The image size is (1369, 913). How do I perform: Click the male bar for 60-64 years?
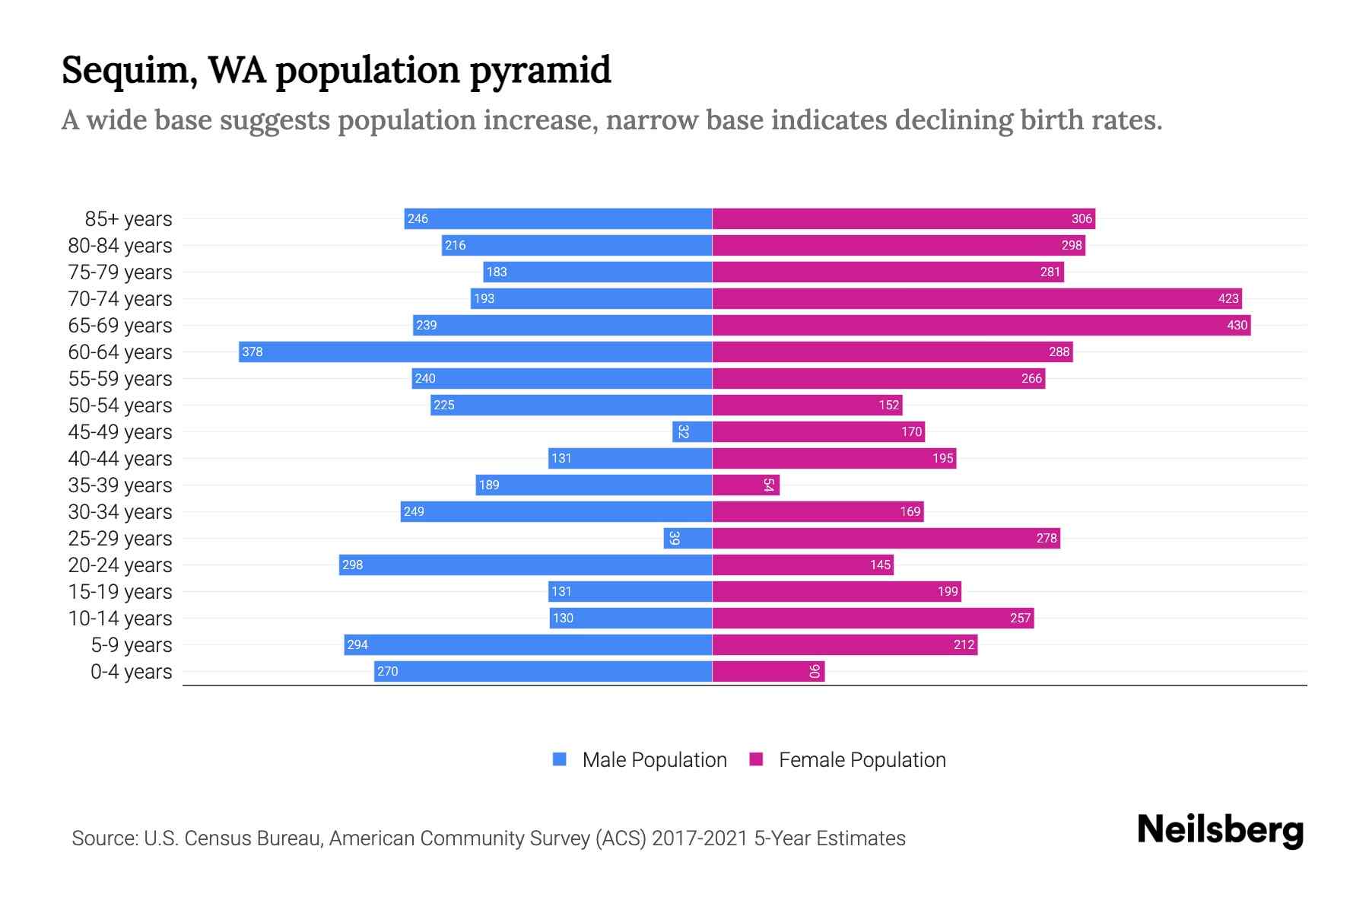(x=475, y=352)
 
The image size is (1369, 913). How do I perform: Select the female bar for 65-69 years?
(x=981, y=325)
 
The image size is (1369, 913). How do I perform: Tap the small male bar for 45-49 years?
(x=692, y=431)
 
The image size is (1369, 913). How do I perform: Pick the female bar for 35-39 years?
(x=745, y=485)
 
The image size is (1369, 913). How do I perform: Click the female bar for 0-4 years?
(x=768, y=671)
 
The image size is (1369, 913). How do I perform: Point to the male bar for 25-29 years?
(x=688, y=538)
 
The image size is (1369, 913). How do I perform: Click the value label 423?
(x=1228, y=298)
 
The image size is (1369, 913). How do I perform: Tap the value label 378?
(x=253, y=352)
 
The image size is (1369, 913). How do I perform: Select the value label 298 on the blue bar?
(x=352, y=565)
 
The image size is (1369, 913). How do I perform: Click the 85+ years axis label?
(x=129, y=219)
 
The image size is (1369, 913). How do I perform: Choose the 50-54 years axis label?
(x=120, y=406)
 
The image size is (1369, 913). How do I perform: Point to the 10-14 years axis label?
(x=120, y=619)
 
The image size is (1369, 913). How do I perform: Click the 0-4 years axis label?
(x=131, y=672)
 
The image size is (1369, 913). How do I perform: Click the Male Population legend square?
(x=560, y=759)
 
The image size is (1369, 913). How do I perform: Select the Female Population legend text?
(x=862, y=760)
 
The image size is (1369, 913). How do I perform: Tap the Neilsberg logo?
(x=1220, y=830)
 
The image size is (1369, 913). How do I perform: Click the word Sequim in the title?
(x=125, y=71)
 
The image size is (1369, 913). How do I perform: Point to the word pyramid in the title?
(x=540, y=71)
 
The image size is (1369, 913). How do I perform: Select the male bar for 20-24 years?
(x=525, y=565)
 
